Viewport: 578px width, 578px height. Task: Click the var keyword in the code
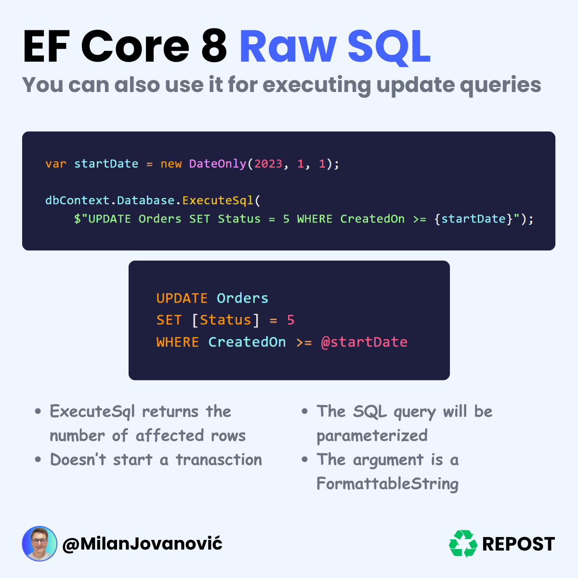[56, 164]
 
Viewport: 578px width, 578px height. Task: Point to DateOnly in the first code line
[218, 164]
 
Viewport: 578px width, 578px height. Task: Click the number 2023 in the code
[268, 164]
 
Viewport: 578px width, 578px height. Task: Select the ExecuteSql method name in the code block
[218, 200]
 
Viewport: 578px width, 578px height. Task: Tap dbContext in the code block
[78, 200]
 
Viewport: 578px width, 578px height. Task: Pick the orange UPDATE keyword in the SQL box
[182, 299]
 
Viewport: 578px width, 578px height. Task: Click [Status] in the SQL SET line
[225, 320]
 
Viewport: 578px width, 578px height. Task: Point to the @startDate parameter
[364, 342]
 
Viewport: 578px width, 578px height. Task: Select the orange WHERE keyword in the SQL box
[178, 342]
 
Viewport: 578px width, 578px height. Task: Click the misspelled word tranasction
[219, 460]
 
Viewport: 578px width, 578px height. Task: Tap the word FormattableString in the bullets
[388, 484]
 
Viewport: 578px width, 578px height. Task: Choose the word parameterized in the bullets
[372, 436]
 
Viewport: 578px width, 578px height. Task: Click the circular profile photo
[39, 543]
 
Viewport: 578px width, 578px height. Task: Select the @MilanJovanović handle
[143, 544]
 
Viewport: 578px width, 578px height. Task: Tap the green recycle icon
[463, 543]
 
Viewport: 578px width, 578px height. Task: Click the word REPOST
[519, 544]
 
